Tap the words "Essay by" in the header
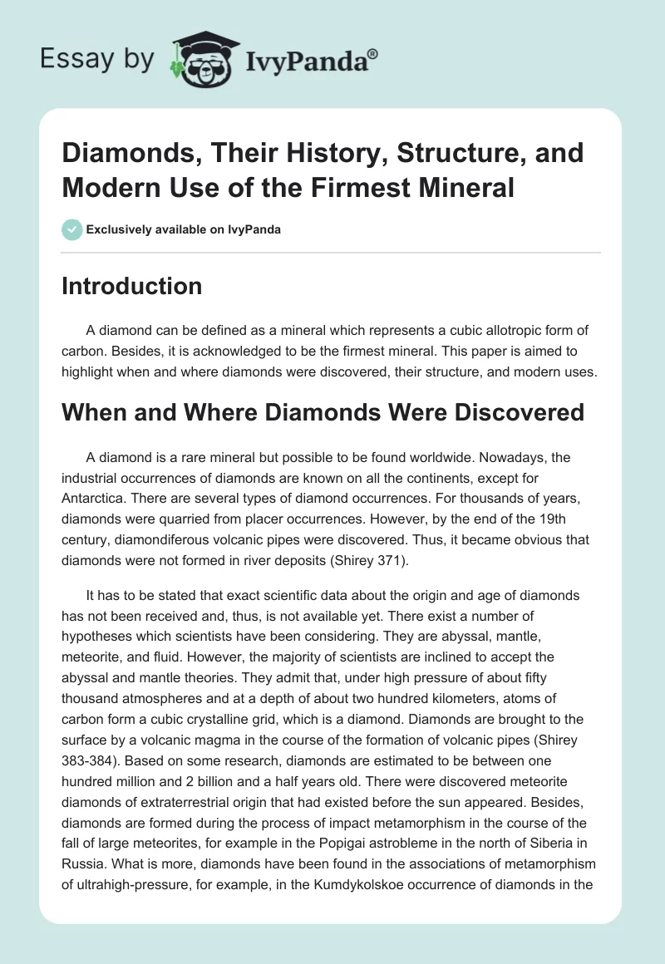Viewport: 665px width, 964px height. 96,59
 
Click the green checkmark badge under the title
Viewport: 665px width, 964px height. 72,229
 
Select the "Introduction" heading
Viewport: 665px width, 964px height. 132,286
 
